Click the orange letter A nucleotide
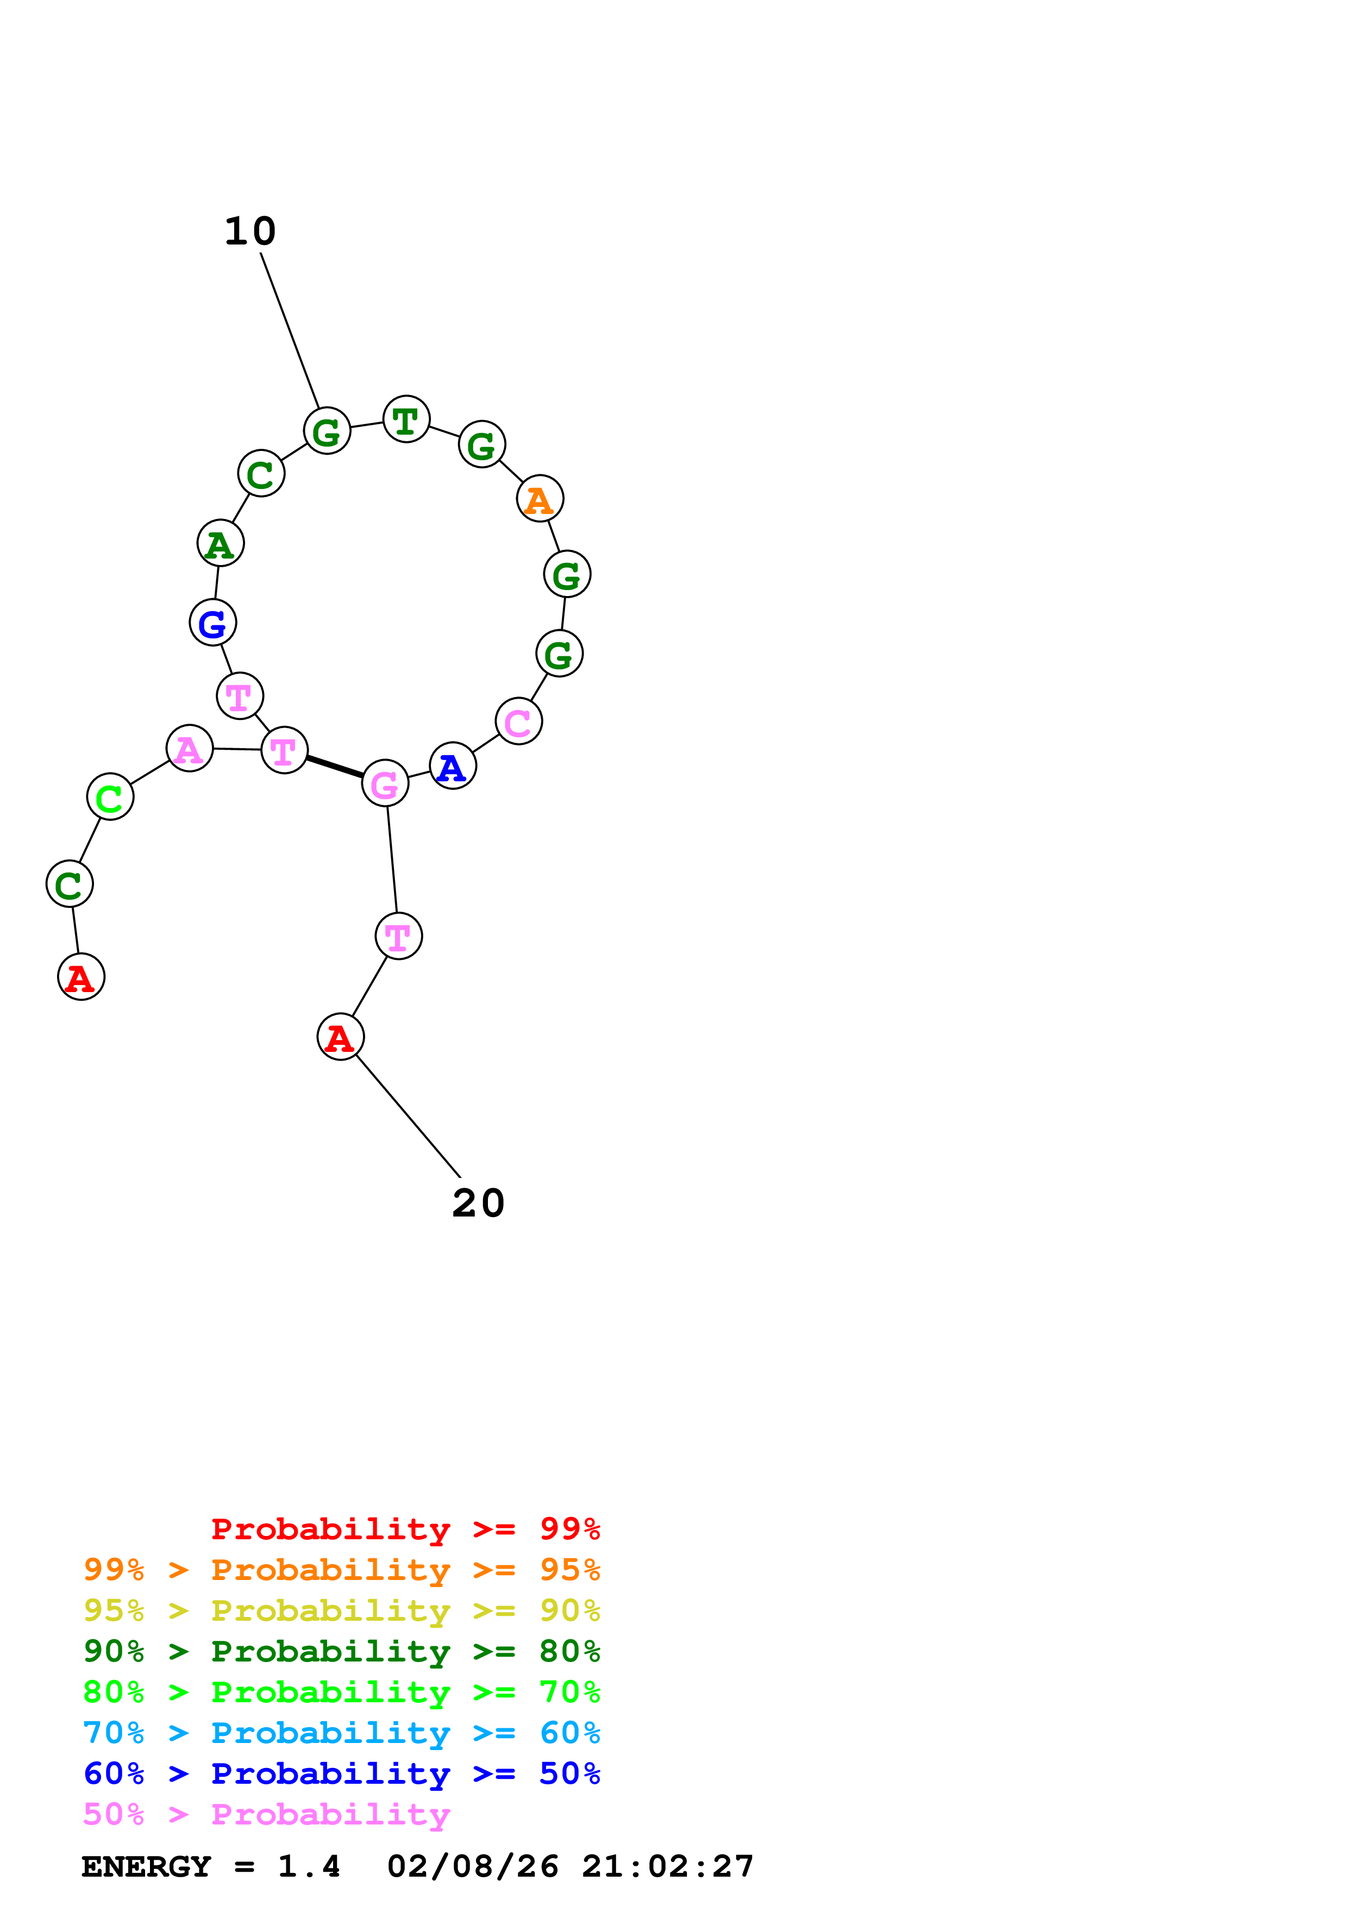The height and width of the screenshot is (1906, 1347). point(540,499)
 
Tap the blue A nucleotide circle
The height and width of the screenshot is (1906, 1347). point(452,766)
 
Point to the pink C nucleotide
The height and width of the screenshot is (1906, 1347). point(519,722)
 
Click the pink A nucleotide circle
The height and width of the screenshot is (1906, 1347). point(190,748)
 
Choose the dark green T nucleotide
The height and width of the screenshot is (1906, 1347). point(406,419)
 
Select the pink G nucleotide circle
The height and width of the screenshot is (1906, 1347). point(385,783)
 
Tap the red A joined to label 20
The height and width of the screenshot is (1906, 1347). point(340,1037)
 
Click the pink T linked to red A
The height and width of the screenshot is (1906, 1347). point(398,936)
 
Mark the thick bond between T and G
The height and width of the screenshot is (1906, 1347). point(335,766)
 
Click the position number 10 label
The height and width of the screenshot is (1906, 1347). point(250,231)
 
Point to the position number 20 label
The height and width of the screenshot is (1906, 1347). point(478,1203)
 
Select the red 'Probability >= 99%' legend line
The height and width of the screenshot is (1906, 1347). point(405,1529)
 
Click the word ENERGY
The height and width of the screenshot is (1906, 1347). point(146,1867)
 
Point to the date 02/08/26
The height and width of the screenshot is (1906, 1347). point(472,1867)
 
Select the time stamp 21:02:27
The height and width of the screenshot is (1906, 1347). point(667,1867)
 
